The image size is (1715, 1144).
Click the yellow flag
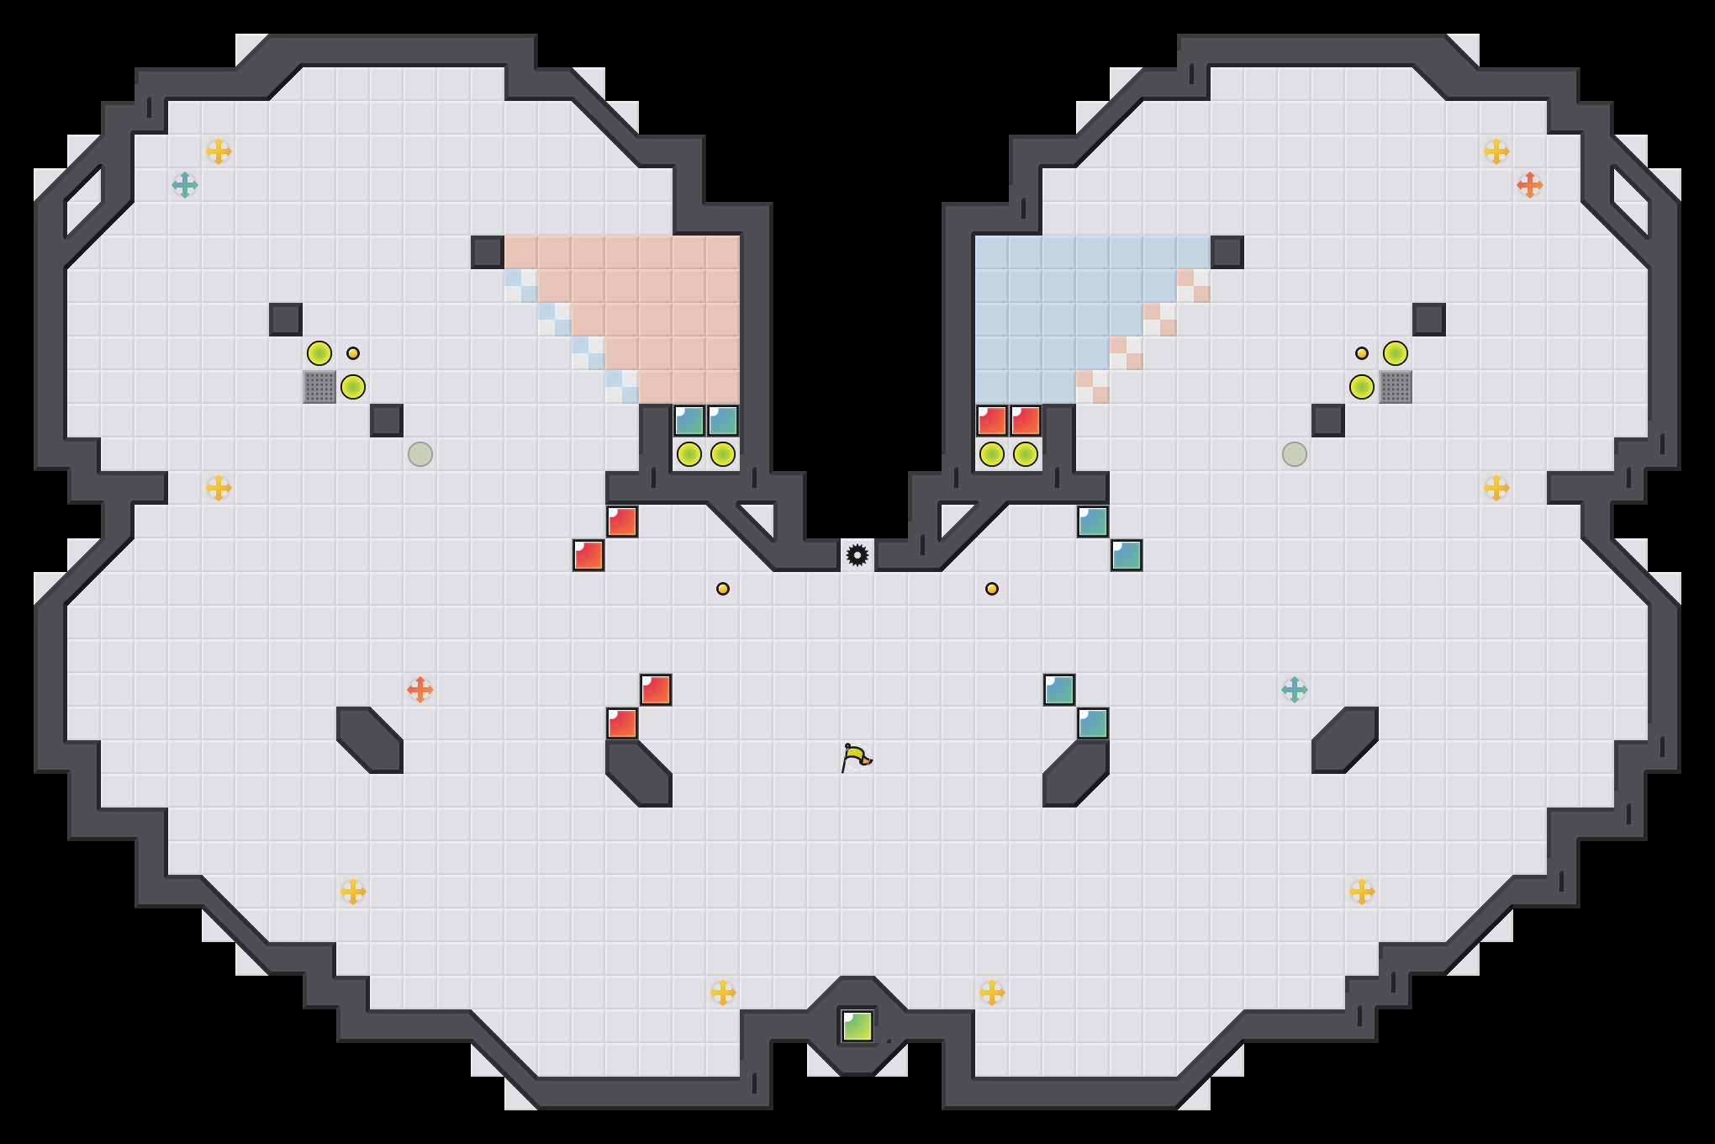(856, 757)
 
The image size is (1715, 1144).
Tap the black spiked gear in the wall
(857, 555)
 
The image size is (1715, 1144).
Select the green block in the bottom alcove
(857, 1026)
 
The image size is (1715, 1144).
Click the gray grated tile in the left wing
(319, 387)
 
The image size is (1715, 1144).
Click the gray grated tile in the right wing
(1396, 387)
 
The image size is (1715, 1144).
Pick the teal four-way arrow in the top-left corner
(185, 185)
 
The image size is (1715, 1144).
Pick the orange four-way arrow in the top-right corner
(1529, 185)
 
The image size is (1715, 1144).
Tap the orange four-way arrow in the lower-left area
(420, 690)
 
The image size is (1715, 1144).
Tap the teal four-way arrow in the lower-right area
(1295, 690)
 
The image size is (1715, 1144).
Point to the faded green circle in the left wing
(420, 454)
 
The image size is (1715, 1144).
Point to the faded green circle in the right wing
(1295, 454)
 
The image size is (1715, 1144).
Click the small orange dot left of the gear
(723, 589)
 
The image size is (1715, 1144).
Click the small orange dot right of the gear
(992, 589)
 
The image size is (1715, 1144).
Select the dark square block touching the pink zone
(488, 252)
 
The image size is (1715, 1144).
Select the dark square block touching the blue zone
(1227, 252)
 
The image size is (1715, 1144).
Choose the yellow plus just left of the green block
(723, 993)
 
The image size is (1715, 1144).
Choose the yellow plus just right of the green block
(992, 993)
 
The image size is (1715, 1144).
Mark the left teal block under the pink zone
(689, 421)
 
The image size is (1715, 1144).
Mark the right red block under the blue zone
(1026, 421)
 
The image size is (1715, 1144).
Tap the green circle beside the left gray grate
(353, 387)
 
